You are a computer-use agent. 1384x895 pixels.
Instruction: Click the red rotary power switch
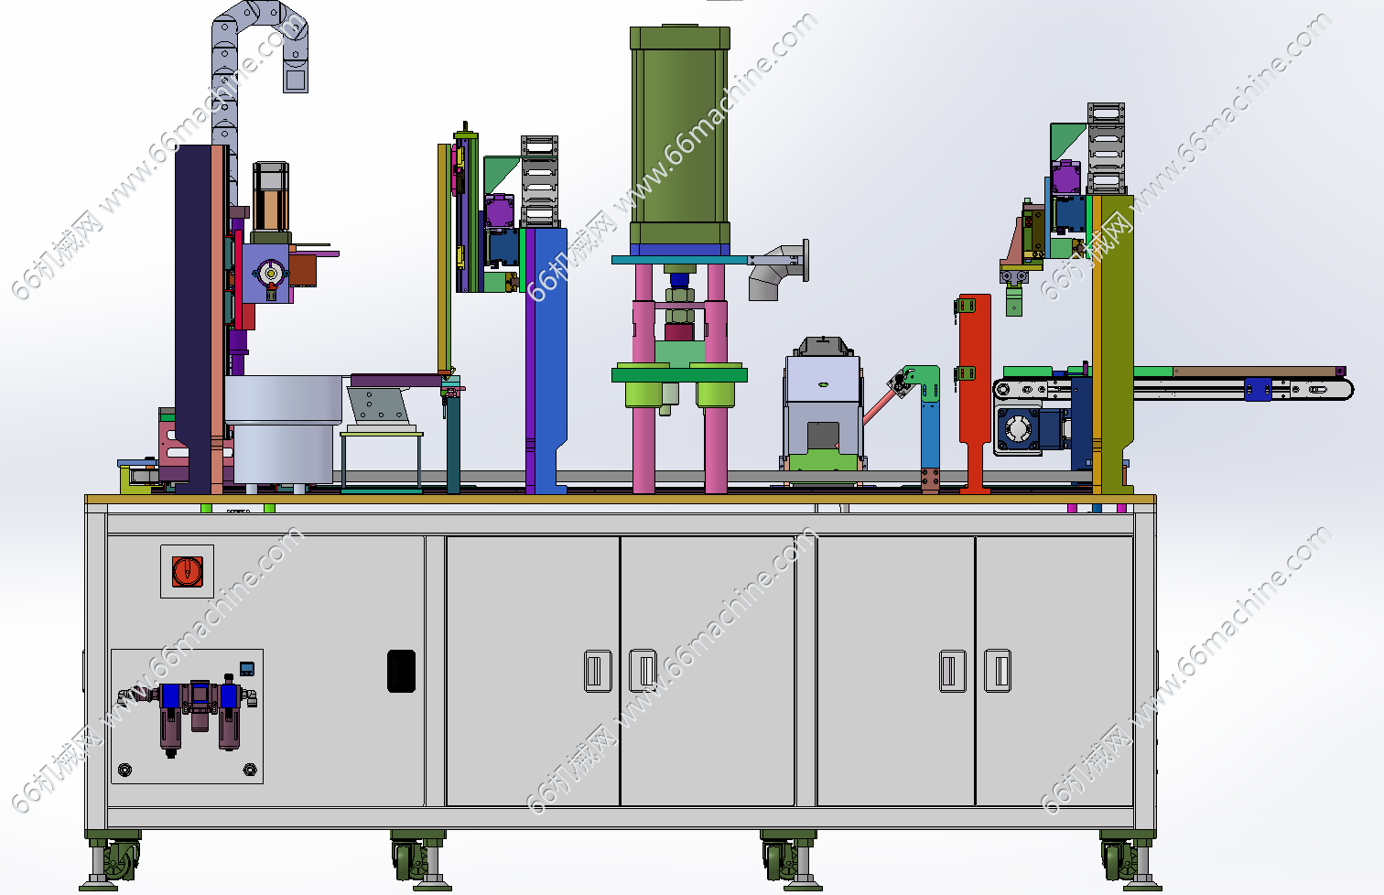[x=187, y=571]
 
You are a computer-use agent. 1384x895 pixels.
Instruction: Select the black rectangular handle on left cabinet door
[x=401, y=671]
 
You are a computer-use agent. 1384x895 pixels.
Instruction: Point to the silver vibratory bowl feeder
[x=282, y=430]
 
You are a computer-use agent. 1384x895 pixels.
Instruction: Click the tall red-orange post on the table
[x=974, y=394]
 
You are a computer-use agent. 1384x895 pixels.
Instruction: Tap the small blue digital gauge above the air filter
[x=246, y=668]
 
